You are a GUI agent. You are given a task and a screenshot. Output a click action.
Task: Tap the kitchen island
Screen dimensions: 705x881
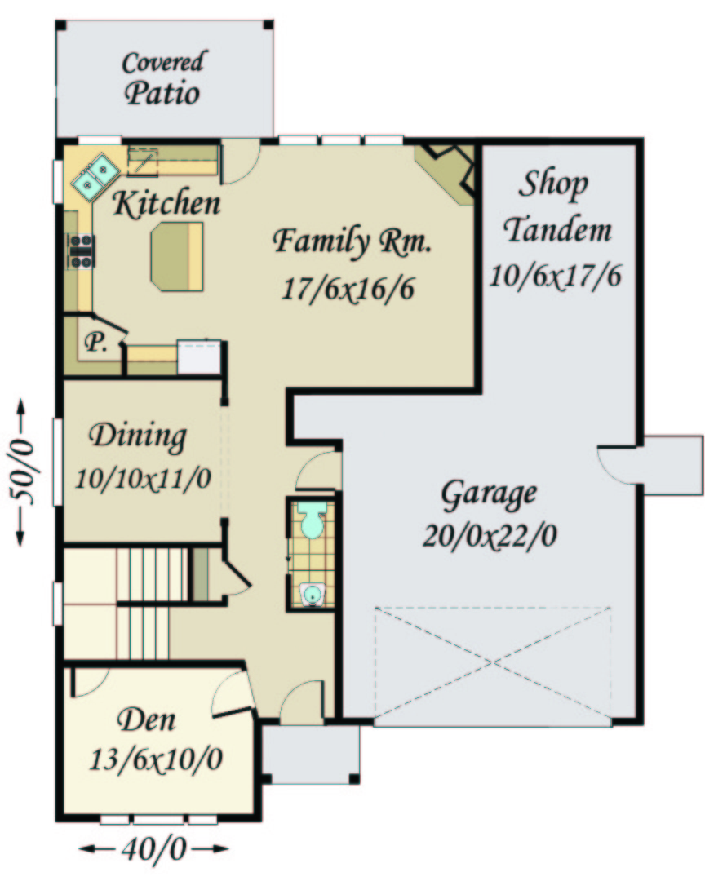[x=176, y=256]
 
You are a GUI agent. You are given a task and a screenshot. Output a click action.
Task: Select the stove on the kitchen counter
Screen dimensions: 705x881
[x=81, y=250]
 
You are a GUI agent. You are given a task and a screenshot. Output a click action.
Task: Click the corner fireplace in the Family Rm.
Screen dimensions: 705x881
[x=447, y=171]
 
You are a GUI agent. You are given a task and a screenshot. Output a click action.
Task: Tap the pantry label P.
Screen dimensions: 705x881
[x=96, y=342]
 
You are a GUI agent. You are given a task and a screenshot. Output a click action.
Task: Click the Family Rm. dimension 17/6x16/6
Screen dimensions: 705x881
[x=348, y=289]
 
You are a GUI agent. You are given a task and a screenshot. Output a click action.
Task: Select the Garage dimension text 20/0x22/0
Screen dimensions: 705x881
[x=490, y=535]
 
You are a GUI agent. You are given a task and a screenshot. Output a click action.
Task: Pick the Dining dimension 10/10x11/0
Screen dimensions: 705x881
[x=143, y=479]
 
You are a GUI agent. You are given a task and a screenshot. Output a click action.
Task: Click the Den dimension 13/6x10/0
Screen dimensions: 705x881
[x=156, y=759]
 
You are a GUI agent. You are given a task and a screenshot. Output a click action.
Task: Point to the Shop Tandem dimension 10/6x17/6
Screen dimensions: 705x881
[x=555, y=276]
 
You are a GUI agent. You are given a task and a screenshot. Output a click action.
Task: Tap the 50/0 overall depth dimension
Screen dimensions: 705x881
[x=21, y=472]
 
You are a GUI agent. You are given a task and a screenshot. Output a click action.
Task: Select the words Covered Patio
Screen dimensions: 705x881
[x=162, y=78]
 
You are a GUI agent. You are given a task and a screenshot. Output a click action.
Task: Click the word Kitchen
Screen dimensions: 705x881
[x=167, y=203]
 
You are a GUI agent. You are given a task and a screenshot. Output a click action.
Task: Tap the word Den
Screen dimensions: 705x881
[x=147, y=719]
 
